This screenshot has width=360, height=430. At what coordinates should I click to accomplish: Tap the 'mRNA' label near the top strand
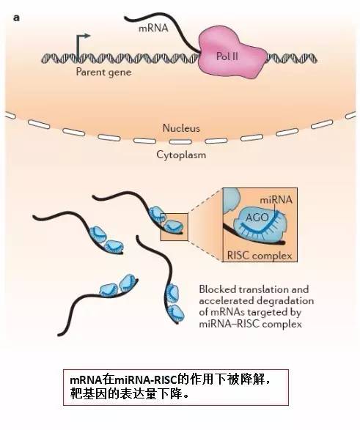pyautogui.click(x=153, y=28)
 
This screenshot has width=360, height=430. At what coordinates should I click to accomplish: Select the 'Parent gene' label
pyautogui.click(x=103, y=73)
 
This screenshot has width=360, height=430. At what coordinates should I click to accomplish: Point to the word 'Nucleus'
pyautogui.click(x=181, y=128)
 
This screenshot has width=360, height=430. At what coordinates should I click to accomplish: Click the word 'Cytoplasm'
pyautogui.click(x=181, y=155)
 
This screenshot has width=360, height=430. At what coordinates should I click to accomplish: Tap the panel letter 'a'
pyautogui.click(x=16, y=18)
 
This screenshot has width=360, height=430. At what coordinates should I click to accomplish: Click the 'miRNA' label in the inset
pyautogui.click(x=276, y=200)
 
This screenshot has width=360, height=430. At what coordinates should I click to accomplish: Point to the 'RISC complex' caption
pyautogui.click(x=260, y=256)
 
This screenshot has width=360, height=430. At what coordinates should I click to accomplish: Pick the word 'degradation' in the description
pyautogui.click(x=285, y=301)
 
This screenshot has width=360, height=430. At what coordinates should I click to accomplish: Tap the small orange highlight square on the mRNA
pyautogui.click(x=174, y=227)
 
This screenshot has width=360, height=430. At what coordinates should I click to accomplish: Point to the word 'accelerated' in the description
pyautogui.click(x=227, y=301)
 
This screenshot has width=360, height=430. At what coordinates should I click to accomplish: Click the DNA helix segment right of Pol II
pyautogui.click(x=291, y=58)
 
